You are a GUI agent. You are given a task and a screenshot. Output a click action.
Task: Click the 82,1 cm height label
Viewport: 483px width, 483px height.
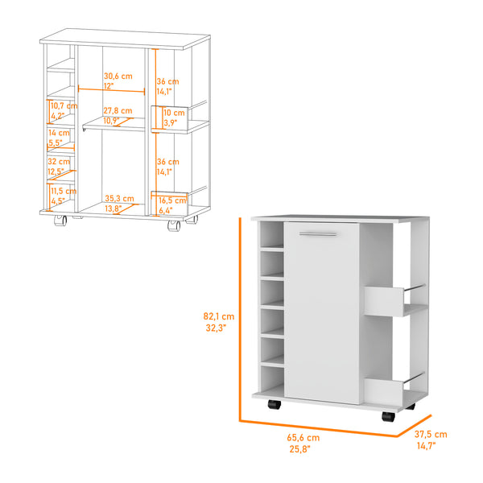[219, 316]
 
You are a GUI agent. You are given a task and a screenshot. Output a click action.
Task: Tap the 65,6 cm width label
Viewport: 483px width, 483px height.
[303, 438]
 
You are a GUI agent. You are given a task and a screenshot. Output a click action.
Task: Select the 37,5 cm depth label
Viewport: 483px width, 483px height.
[431, 435]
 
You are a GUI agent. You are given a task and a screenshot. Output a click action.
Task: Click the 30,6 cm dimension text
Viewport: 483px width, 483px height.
[118, 76]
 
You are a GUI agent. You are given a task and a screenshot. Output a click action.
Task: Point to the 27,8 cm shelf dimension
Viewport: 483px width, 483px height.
[118, 110]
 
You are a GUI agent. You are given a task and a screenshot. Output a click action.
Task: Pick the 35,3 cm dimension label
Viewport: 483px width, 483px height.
[119, 198]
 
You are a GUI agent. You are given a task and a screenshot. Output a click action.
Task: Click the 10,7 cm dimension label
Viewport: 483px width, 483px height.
[64, 106]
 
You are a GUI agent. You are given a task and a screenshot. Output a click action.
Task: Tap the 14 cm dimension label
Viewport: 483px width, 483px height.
[59, 133]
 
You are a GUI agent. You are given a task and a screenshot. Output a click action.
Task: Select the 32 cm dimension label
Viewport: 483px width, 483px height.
[59, 162]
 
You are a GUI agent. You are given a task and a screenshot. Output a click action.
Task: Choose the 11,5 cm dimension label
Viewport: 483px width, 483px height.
[64, 191]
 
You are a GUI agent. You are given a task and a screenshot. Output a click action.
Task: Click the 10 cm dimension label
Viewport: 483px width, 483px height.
[174, 113]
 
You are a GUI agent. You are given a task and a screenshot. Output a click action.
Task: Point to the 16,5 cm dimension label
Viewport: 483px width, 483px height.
[172, 200]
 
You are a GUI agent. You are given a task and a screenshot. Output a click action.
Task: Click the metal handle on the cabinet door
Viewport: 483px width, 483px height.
[318, 234]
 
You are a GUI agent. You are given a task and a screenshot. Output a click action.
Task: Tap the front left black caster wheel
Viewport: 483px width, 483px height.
[275, 404]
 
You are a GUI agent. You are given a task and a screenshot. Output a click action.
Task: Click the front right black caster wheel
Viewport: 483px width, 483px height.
[388, 416]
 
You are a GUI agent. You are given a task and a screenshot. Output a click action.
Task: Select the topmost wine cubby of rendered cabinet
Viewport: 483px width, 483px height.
[272, 235]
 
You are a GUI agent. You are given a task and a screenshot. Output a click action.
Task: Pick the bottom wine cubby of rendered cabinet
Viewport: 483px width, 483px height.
[272, 379]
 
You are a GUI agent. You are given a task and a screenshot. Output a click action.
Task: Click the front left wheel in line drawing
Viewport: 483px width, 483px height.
[60, 220]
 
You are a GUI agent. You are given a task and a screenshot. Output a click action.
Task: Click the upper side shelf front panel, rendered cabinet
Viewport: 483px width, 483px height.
[383, 302]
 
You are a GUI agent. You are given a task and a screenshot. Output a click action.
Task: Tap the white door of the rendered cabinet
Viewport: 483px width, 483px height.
[321, 313]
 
